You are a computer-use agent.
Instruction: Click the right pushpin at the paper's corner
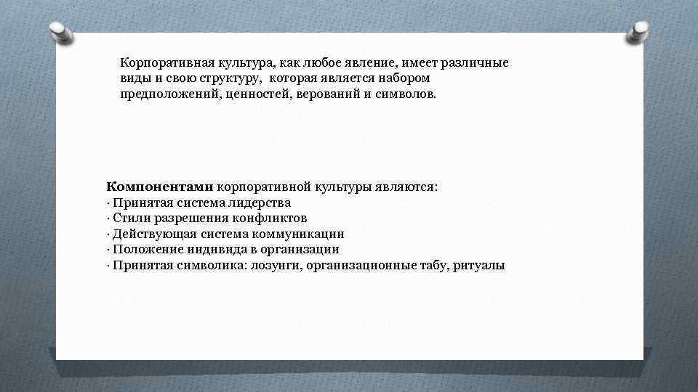point(640,30)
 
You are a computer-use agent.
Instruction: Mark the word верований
point(331,94)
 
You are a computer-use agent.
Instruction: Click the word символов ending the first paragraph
point(406,94)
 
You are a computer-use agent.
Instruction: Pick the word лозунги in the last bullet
point(275,265)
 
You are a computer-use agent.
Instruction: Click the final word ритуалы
point(478,265)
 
